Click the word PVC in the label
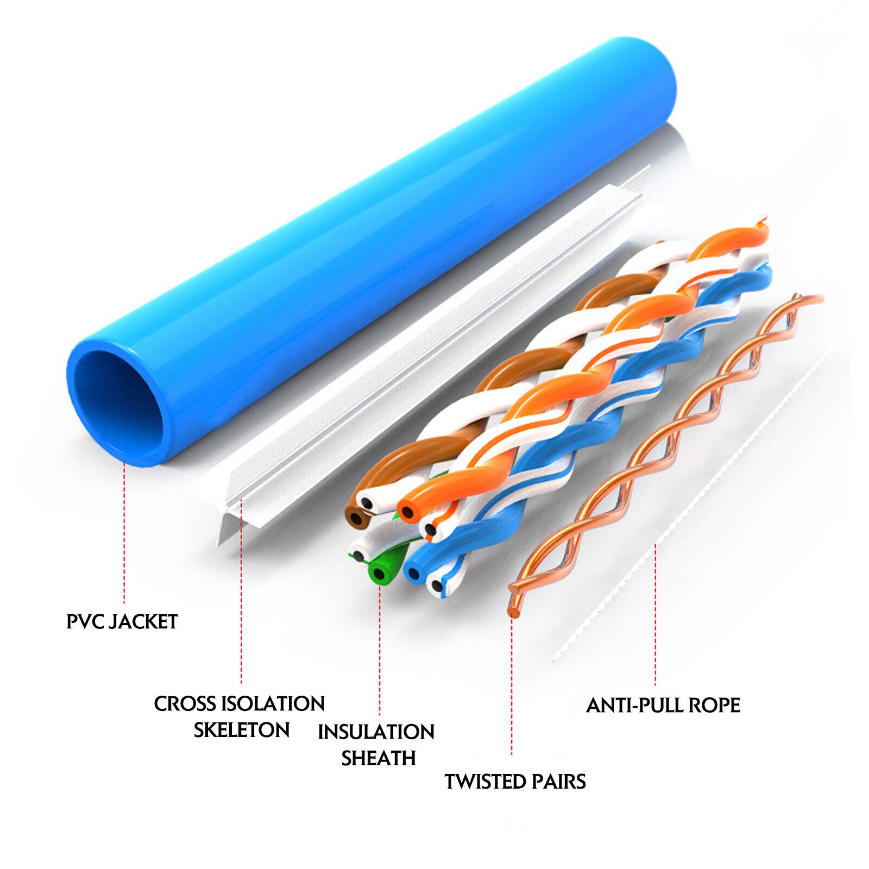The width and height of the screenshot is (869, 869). click(85, 622)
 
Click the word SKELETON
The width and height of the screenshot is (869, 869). click(242, 730)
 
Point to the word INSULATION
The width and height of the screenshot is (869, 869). click(376, 732)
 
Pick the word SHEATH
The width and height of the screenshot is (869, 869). click(379, 758)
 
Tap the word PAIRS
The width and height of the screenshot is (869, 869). click(559, 782)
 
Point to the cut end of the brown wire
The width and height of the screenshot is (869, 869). click(356, 519)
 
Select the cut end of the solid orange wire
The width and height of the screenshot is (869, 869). click(407, 511)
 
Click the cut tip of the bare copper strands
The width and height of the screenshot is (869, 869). click(512, 612)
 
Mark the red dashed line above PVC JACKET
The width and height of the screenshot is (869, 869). click(124, 532)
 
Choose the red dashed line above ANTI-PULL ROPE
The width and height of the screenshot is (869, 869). click(655, 614)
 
